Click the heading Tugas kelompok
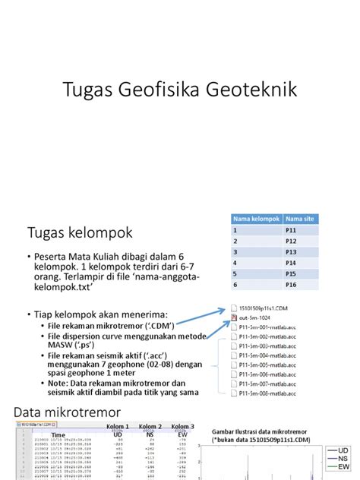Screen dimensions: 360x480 80,231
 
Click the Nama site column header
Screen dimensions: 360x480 297,219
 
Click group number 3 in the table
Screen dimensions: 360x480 236,251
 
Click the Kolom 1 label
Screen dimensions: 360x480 118,426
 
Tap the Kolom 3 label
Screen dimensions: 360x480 183,426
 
